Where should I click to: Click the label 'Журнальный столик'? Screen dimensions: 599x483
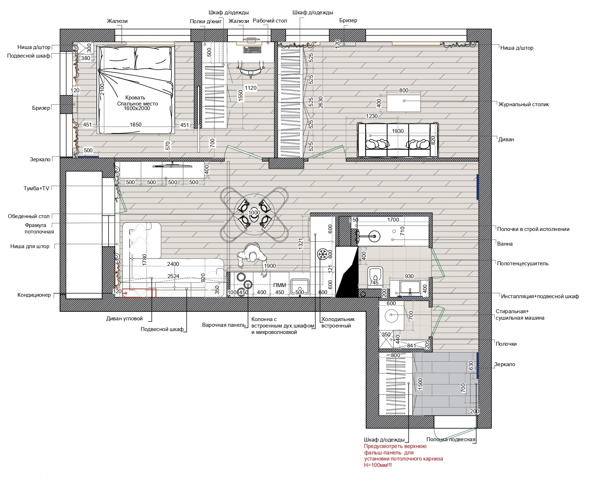tap(524, 105)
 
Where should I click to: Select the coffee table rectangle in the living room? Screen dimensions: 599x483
tap(404, 103)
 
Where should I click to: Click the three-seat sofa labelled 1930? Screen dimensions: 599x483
tap(398, 140)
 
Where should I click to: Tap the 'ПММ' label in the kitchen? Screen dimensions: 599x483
tap(279, 285)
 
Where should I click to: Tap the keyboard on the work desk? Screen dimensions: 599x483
tap(252, 49)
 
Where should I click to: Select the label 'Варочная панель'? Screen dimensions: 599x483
tap(224, 325)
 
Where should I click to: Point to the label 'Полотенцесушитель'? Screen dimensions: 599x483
tap(523, 263)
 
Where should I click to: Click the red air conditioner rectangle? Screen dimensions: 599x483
tap(139, 293)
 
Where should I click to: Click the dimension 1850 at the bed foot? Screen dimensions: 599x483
tap(136, 125)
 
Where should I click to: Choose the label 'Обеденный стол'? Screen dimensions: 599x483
tap(29, 216)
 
